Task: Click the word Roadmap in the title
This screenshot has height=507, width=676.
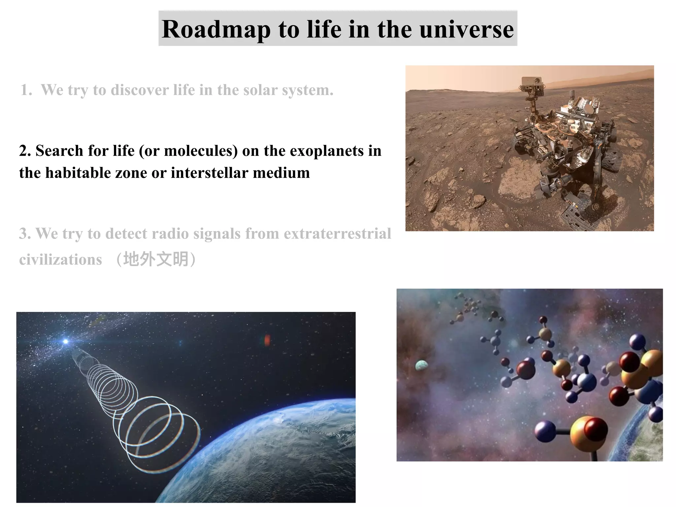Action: pyautogui.click(x=216, y=30)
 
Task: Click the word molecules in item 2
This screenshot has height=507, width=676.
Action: pyautogui.click(x=201, y=151)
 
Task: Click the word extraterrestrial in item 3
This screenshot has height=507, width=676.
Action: pyautogui.click(x=337, y=234)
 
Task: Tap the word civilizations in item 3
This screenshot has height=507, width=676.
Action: pyautogui.click(x=60, y=260)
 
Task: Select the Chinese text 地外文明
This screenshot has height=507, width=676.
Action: pyautogui.click(x=156, y=259)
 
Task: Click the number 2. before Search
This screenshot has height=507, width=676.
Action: pyautogui.click(x=25, y=151)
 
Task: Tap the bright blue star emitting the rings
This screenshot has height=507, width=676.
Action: pyautogui.click(x=66, y=341)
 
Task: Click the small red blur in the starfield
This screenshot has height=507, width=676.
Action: pyautogui.click(x=267, y=340)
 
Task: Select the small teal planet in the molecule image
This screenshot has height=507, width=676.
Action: pyautogui.click(x=421, y=365)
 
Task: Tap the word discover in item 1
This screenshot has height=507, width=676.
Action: pyautogui.click(x=140, y=90)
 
